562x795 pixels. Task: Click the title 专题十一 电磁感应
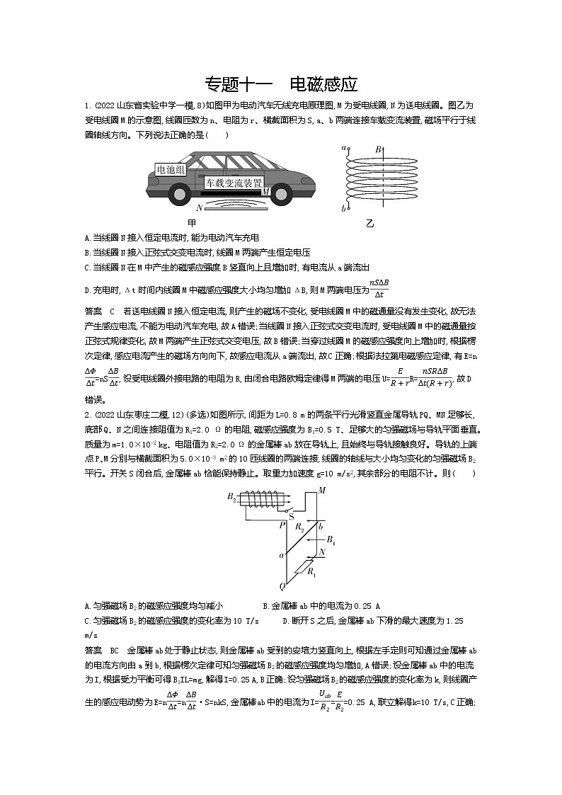[x=281, y=84]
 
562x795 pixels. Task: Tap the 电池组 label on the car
[x=171, y=170]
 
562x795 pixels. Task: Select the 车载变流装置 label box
[x=234, y=183]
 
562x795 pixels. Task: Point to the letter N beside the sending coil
[x=200, y=207]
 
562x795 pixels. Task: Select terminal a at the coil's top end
[x=343, y=149]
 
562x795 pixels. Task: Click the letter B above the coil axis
[x=379, y=149]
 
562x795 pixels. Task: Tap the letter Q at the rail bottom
[x=282, y=585]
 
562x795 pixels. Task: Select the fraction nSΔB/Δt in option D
[x=379, y=290]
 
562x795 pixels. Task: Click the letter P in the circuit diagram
[x=282, y=525]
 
